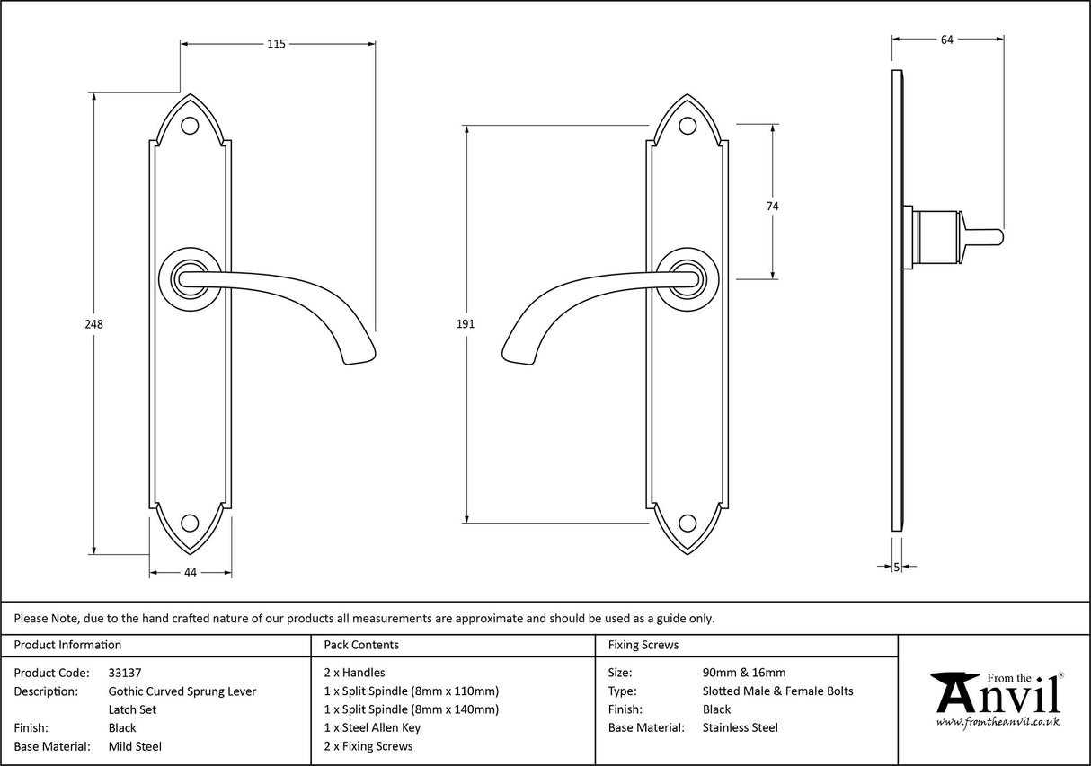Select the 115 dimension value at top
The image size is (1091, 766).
click(276, 44)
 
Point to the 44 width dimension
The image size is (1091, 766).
click(190, 572)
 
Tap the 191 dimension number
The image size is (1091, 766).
click(466, 324)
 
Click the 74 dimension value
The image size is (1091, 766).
click(772, 206)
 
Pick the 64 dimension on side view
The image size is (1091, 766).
click(946, 39)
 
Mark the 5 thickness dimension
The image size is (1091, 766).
click(897, 567)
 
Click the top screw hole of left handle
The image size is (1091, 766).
click(190, 127)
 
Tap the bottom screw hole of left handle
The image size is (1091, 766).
click(190, 523)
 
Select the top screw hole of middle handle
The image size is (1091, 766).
click(687, 127)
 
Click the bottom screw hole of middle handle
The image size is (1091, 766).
click(687, 523)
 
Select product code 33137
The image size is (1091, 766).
click(125, 672)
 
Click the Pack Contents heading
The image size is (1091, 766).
click(361, 645)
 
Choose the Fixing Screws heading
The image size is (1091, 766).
click(643, 645)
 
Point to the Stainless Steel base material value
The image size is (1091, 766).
click(741, 727)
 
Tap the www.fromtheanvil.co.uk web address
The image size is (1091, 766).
click(998, 721)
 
